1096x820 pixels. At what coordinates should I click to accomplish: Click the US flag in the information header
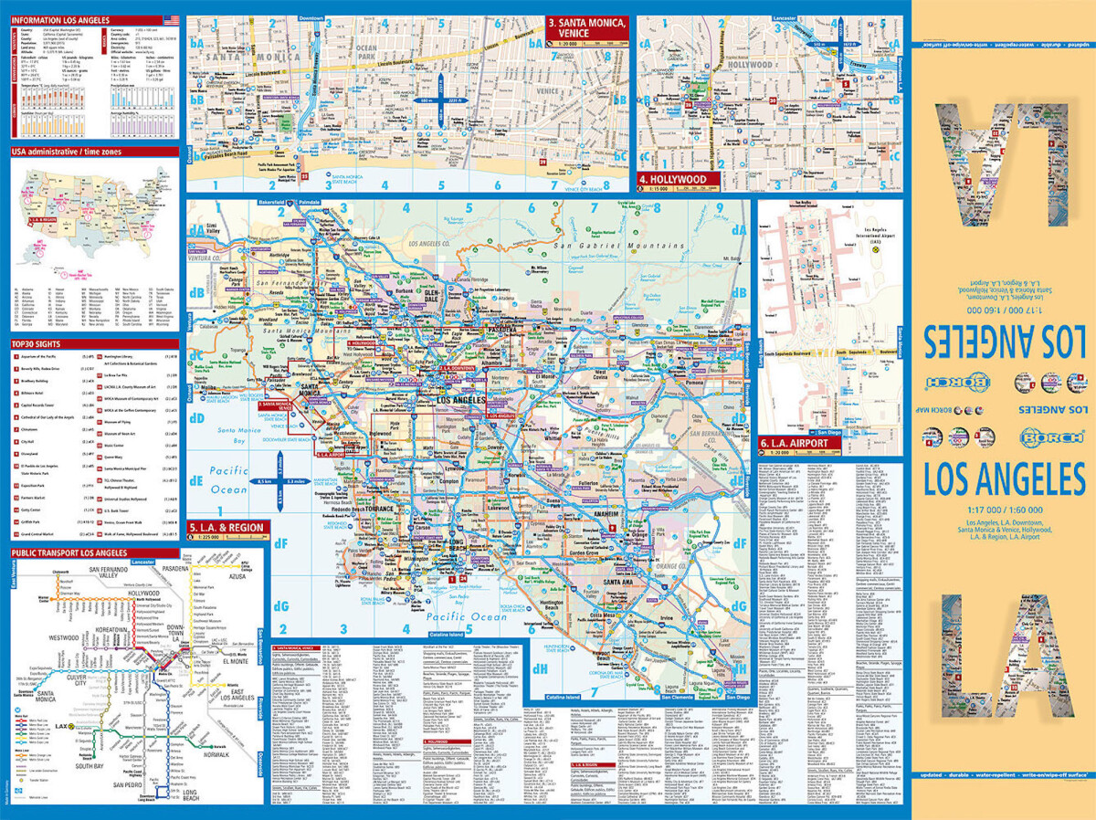click(x=171, y=19)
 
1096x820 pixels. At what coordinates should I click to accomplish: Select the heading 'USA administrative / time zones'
click(x=68, y=152)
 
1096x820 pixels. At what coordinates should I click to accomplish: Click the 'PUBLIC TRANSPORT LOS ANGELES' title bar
click(x=69, y=552)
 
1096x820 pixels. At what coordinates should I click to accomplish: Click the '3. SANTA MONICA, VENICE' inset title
click(x=585, y=27)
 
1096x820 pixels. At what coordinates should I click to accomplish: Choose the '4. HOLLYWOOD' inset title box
click(x=676, y=179)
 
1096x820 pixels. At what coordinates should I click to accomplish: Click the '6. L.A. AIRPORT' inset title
click(x=794, y=443)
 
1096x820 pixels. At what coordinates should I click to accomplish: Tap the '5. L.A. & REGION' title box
click(x=227, y=528)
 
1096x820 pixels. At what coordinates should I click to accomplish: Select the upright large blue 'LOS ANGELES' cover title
click(x=1003, y=478)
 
